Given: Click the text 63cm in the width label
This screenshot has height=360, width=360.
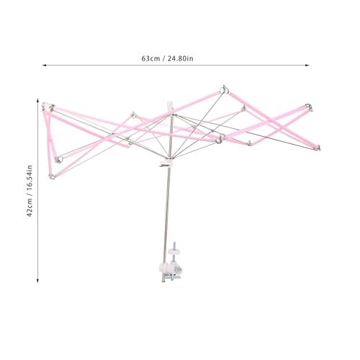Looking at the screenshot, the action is [150, 58].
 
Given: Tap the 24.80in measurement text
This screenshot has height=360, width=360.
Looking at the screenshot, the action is [180, 58].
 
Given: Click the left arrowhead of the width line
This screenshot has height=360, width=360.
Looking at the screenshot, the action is [44, 65].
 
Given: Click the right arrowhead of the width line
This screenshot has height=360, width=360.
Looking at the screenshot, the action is [307, 65].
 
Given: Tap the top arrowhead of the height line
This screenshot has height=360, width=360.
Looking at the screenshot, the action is [37, 100].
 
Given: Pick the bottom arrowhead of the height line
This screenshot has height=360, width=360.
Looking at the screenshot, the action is [37, 281].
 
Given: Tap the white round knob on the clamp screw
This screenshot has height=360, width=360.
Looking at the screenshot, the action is [174, 252].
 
